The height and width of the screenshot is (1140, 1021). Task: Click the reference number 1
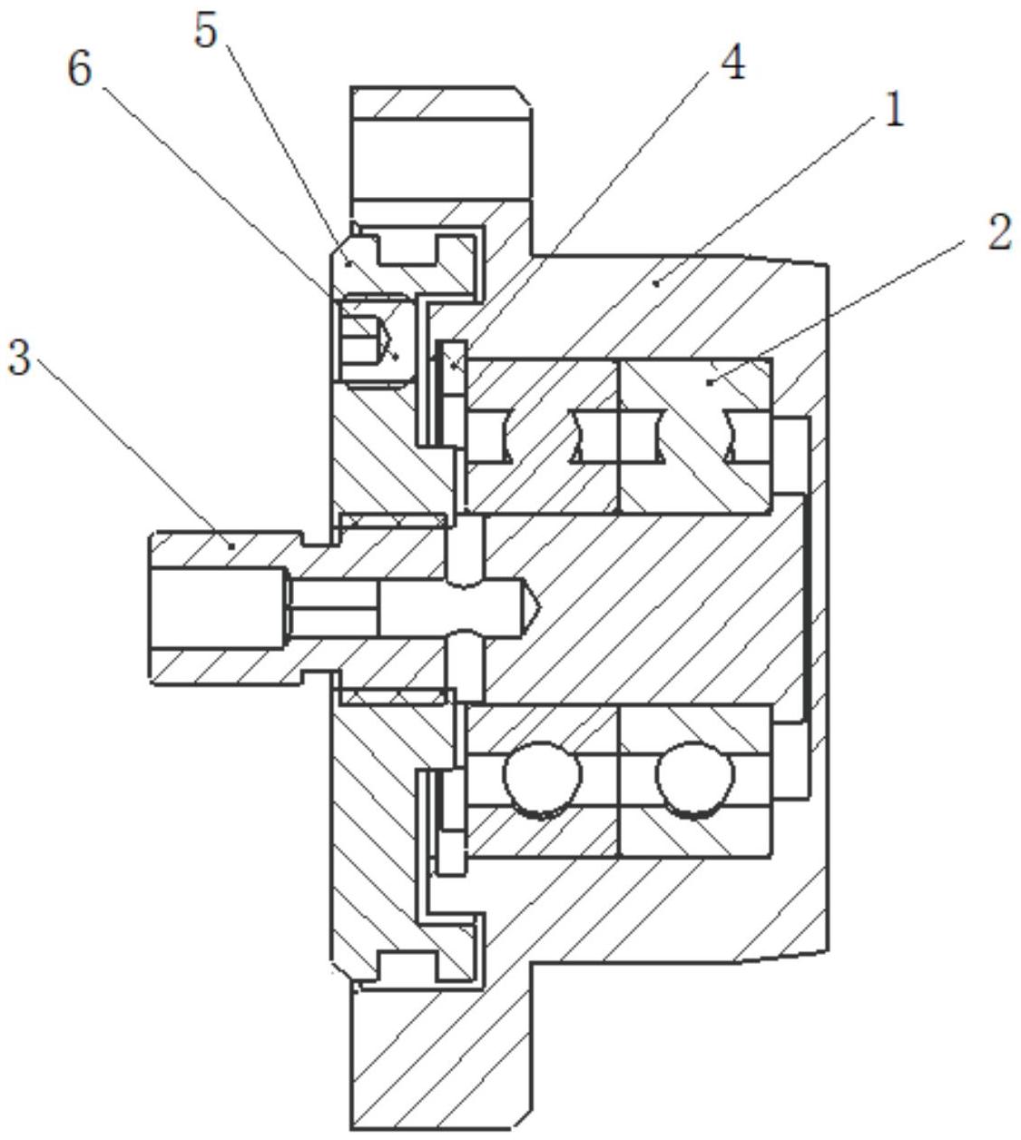pos(893,111)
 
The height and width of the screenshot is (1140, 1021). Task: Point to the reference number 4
pos(731,62)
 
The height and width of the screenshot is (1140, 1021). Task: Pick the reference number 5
pos(206,31)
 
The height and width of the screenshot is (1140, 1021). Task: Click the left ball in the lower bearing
pos(542,779)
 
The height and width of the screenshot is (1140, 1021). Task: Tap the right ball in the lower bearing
pos(694,779)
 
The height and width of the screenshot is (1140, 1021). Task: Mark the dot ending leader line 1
pos(655,283)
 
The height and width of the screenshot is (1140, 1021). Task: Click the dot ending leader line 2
pos(710,383)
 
